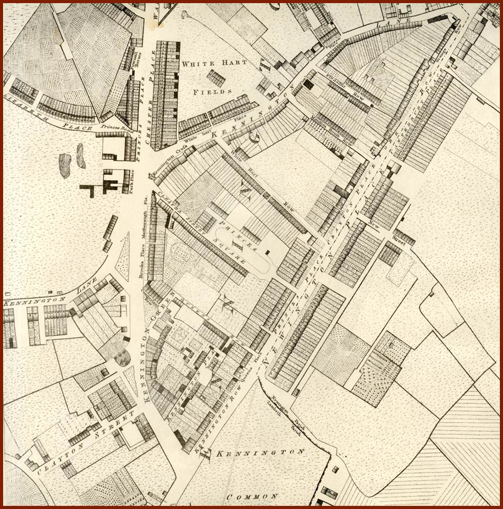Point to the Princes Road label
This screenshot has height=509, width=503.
tap(112, 126)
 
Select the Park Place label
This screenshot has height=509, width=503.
tap(133, 181)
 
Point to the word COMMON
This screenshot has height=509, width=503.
tap(252, 497)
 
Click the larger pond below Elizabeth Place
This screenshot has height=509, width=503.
tap(65, 165)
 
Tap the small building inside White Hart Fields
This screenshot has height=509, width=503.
tap(216, 78)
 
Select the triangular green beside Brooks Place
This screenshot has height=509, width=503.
tap(123, 256)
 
